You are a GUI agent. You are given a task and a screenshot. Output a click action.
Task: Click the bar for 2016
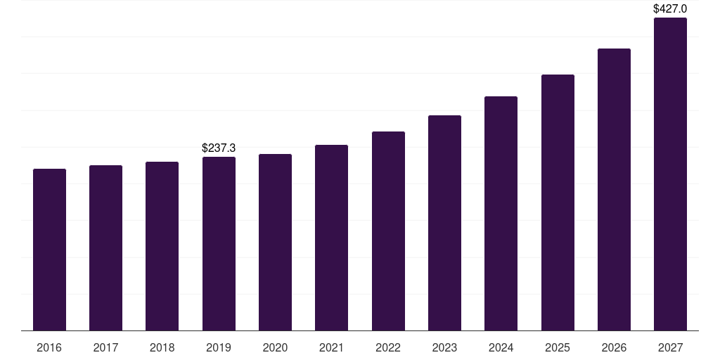pyautogui.click(x=50, y=250)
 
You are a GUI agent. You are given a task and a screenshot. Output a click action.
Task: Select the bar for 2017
pyautogui.click(x=105, y=248)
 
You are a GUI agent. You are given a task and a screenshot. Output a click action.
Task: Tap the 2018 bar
pyautogui.click(x=162, y=246)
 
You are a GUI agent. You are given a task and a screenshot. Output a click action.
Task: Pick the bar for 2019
pyautogui.click(x=219, y=244)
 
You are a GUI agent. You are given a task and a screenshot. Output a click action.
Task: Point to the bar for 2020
pyautogui.click(x=275, y=243)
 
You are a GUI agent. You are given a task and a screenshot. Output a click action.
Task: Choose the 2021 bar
pyautogui.click(x=332, y=238)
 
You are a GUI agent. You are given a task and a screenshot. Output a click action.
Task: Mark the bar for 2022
pyautogui.click(x=388, y=231)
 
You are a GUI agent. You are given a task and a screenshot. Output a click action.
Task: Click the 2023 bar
pyautogui.click(x=444, y=223)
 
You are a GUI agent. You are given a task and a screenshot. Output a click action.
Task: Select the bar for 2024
pyautogui.click(x=501, y=214)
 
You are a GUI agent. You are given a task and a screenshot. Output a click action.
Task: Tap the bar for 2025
pyautogui.click(x=558, y=202)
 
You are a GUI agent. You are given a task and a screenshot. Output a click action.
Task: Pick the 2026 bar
pyautogui.click(x=614, y=190)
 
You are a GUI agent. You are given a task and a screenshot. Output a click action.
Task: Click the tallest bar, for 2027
pyautogui.click(x=670, y=174)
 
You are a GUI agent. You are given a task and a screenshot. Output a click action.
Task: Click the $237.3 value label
pyautogui.click(x=219, y=148)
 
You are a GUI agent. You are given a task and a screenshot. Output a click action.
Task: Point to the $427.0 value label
pyautogui.click(x=670, y=8)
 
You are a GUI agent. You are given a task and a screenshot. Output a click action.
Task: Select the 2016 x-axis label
pyautogui.click(x=49, y=347)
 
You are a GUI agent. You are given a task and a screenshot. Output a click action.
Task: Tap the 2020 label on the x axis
pyautogui.click(x=275, y=347)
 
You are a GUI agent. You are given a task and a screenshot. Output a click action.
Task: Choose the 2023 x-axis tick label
pyautogui.click(x=444, y=347)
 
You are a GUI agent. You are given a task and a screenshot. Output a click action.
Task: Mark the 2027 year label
pyautogui.click(x=670, y=347)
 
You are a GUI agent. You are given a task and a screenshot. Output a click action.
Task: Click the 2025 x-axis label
pyautogui.click(x=558, y=347)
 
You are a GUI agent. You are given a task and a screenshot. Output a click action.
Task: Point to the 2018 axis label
pyautogui.click(x=162, y=347)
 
